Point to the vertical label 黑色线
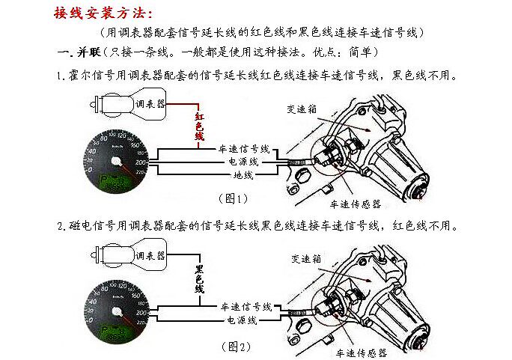pos(200,278)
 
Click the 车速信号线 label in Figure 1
pos(244,149)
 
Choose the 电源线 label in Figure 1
pos(243,162)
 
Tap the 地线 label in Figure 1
pos(243,175)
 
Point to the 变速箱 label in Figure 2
pos(306,259)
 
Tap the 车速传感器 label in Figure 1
pos(356,203)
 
